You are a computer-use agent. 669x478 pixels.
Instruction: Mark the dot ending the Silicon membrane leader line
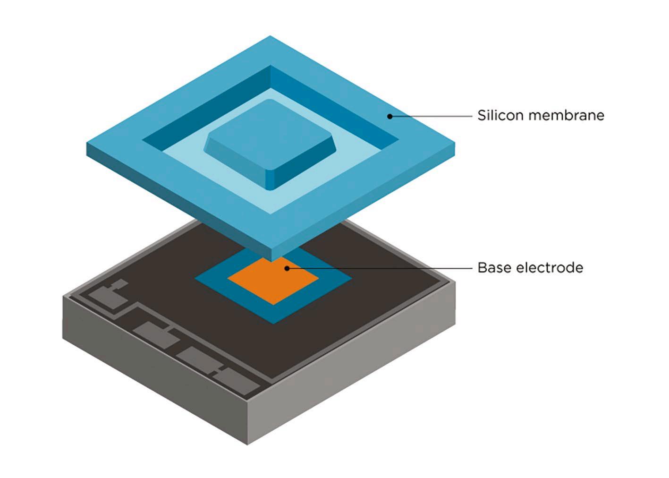pos(390,116)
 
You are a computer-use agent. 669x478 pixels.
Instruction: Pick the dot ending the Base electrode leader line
pos(287,268)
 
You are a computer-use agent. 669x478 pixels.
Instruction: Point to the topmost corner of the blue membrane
pos(270,36)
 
